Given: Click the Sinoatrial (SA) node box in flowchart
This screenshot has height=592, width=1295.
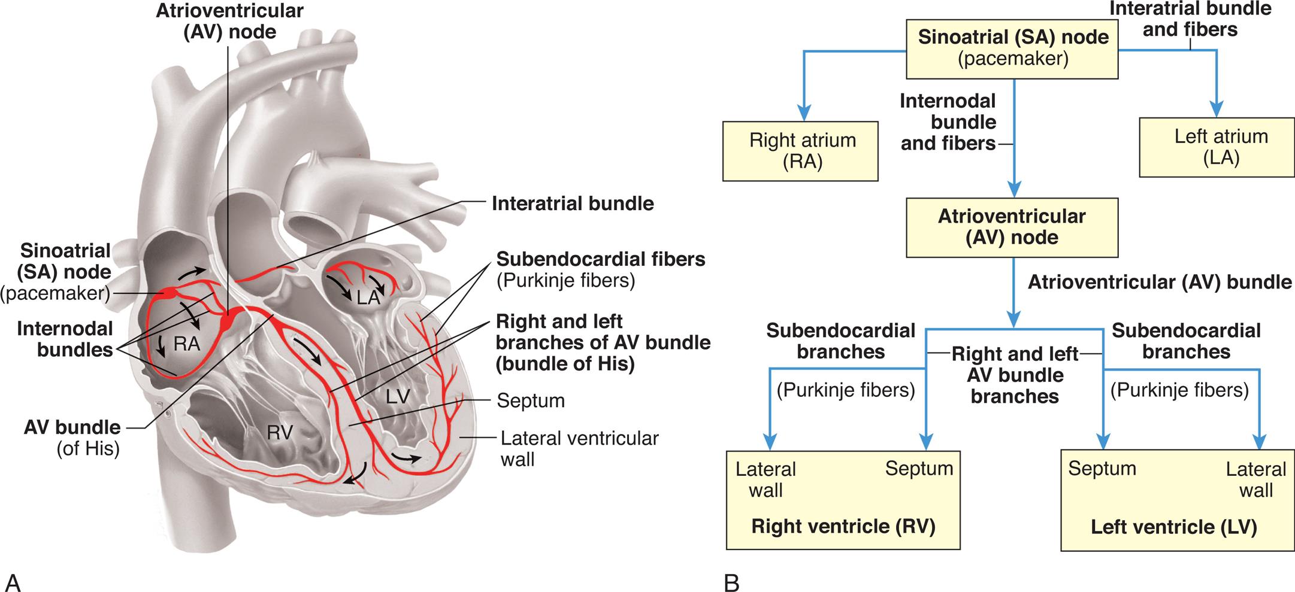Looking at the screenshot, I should [1012, 48].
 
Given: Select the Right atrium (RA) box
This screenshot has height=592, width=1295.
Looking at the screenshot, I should [800, 151].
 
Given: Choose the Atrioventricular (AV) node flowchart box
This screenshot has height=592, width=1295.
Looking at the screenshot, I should [1012, 227].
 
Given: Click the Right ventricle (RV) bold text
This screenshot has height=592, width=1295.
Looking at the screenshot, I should [843, 526].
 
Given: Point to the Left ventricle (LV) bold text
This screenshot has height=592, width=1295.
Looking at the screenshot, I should [1173, 527].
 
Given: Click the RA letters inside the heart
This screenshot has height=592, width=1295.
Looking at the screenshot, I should [186, 344].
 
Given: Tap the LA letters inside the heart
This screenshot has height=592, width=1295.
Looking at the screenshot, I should [368, 297].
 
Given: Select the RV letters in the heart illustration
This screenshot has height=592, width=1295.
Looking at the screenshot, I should [280, 432].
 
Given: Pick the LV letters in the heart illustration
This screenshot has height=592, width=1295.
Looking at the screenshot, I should [398, 396].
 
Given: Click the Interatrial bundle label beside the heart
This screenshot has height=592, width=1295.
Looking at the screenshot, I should [572, 204].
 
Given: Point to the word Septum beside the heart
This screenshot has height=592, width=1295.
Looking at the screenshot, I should [530, 400].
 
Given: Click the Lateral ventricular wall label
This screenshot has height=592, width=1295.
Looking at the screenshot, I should [579, 448].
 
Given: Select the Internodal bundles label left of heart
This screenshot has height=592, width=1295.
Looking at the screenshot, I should [65, 339].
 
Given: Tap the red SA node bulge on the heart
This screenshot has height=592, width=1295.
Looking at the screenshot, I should [168, 293].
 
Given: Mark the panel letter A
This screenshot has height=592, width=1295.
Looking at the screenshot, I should [13, 581].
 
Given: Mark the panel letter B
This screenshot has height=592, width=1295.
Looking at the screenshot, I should [731, 582].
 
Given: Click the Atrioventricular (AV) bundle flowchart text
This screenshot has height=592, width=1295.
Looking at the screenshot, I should [1159, 282].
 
